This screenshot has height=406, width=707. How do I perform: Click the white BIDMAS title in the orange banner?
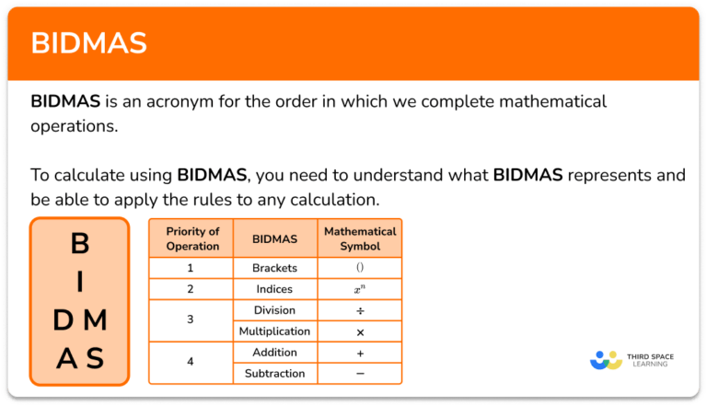click(88, 43)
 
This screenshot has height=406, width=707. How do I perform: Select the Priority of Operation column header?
click(192, 238)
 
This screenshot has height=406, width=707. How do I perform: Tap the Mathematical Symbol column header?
click(360, 238)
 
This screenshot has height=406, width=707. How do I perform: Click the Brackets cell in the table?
click(275, 268)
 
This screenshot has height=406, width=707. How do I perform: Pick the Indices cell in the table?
click(275, 289)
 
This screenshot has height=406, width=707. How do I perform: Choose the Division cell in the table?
click(275, 310)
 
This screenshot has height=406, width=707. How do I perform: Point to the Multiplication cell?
click(275, 331)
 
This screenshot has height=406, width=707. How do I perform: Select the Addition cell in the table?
click(275, 353)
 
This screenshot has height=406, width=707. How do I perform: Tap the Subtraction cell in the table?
click(275, 374)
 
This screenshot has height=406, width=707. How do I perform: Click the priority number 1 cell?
click(191, 268)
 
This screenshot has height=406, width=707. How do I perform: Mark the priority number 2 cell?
click(191, 289)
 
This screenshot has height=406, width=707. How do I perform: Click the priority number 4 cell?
click(191, 363)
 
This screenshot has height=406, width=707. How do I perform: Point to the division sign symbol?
click(360, 310)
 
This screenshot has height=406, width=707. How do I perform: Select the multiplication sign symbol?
click(360, 331)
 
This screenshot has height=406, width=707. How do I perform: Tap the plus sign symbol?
click(360, 353)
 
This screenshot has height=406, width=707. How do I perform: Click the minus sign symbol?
click(360, 374)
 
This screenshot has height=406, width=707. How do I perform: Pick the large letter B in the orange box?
click(80, 244)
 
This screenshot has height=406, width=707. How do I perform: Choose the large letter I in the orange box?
click(80, 282)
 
